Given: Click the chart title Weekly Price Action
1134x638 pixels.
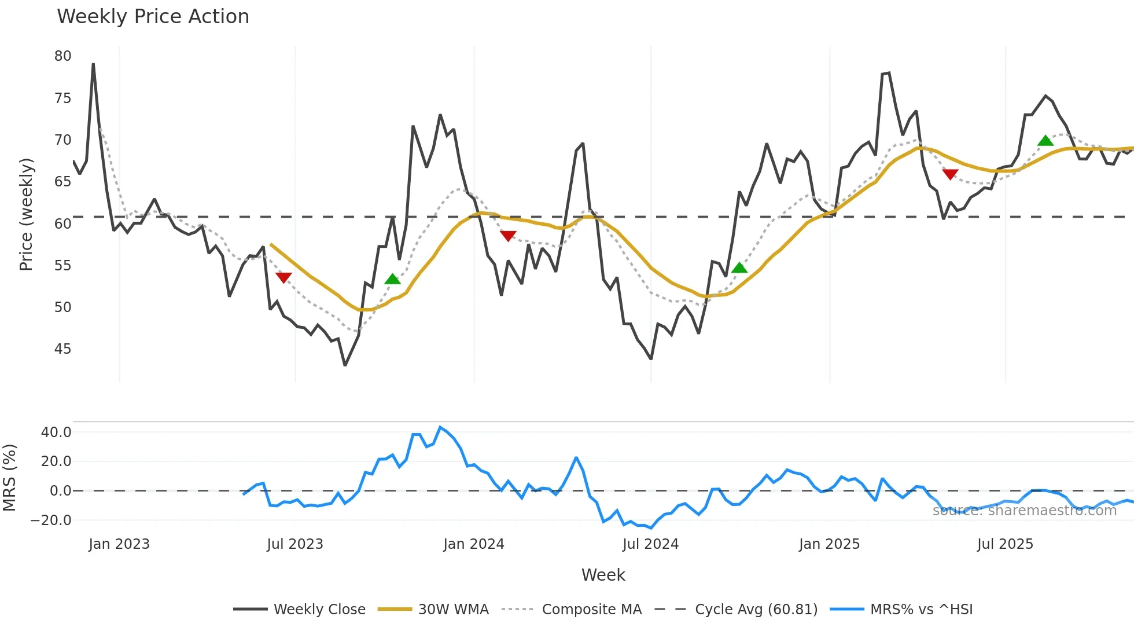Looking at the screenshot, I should click(x=153, y=17).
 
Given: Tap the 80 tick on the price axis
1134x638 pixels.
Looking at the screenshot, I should click(x=62, y=56).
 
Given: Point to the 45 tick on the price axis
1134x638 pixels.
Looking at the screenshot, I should click(x=62, y=349).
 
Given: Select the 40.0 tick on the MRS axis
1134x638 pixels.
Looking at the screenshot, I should click(x=56, y=432).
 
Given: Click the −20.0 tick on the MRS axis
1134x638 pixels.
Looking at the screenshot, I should click(x=51, y=520).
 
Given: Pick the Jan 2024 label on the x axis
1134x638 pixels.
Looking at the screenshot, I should click(x=473, y=544).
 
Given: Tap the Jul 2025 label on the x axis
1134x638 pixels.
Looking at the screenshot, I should click(x=1004, y=544).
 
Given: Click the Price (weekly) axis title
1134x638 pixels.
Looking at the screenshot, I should click(x=26, y=214).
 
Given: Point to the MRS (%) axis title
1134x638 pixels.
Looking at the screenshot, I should click(x=9, y=478).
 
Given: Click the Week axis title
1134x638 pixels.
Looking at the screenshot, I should click(x=603, y=575).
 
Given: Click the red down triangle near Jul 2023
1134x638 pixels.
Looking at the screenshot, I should click(x=283, y=277).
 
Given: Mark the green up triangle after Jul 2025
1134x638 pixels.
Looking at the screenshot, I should click(x=1045, y=141).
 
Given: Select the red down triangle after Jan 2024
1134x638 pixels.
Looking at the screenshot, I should click(x=508, y=236).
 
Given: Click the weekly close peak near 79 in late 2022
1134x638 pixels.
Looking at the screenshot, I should click(x=93, y=64).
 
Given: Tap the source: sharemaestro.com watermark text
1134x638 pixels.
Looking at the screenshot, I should click(x=1024, y=511).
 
